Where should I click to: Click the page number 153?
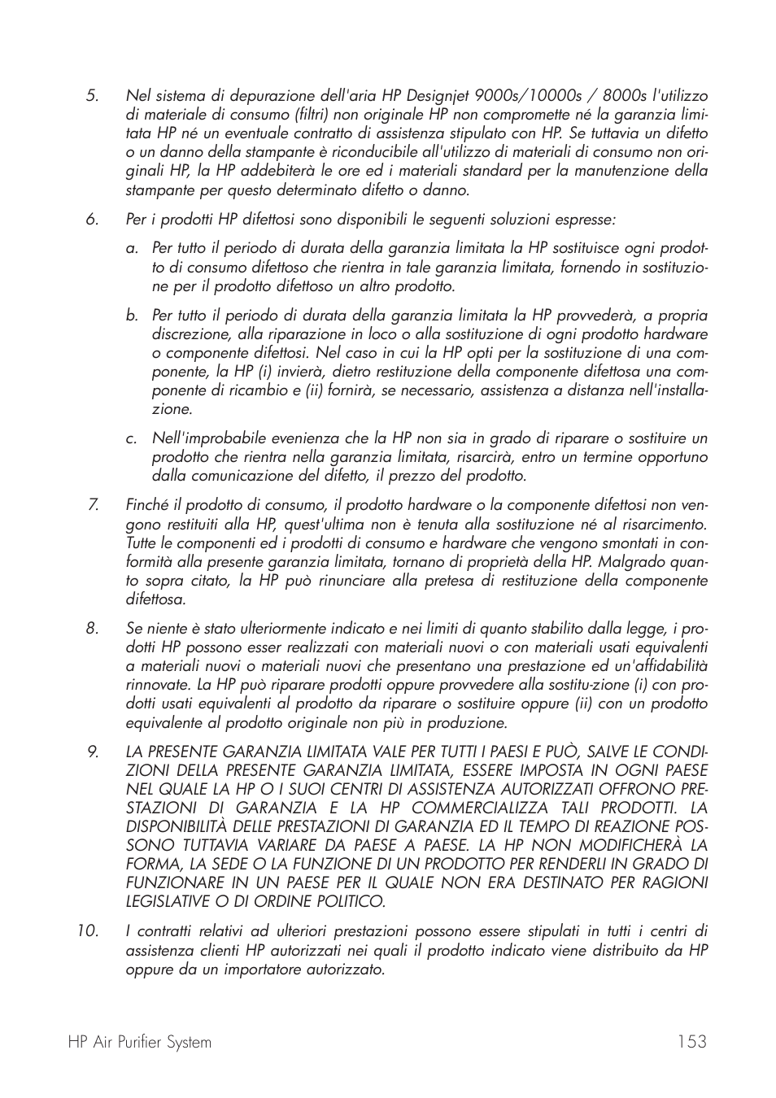click(690, 1042)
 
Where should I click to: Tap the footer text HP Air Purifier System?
click(140, 1042)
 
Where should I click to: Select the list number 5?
click(92, 96)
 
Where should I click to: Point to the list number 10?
click(88, 931)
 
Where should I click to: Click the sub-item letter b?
click(132, 316)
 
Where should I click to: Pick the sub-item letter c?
click(131, 439)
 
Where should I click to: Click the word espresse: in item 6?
click(585, 220)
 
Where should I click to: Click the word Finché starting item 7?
click(146, 506)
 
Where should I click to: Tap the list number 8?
click(92, 629)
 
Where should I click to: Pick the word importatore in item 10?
click(267, 969)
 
